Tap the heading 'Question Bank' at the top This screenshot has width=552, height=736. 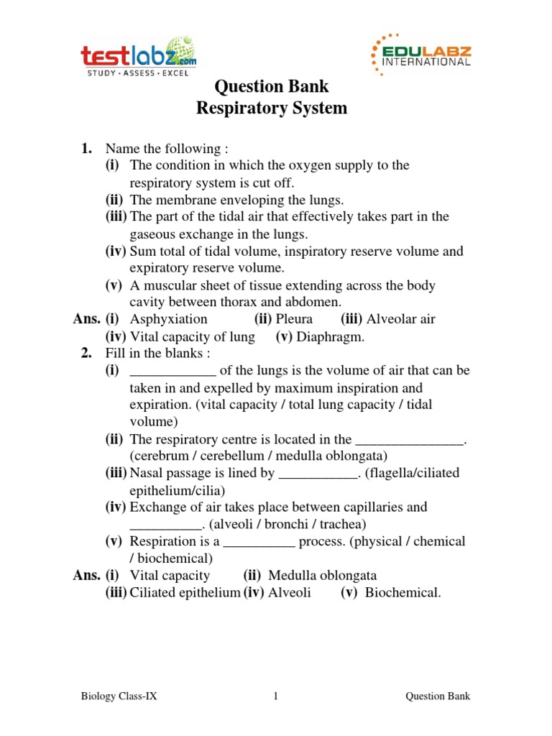pos(272,86)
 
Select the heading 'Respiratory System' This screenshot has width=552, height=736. pos(272,109)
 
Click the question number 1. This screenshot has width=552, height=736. pos(86,149)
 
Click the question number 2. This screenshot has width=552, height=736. pos(86,354)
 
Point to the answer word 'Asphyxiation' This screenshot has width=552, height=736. pos(168,319)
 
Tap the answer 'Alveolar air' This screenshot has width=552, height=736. pos(401,319)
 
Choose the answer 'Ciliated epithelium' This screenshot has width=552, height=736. pos(185,592)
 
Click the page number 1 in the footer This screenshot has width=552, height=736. pos(275,696)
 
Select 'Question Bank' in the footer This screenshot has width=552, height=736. pos(438,696)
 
